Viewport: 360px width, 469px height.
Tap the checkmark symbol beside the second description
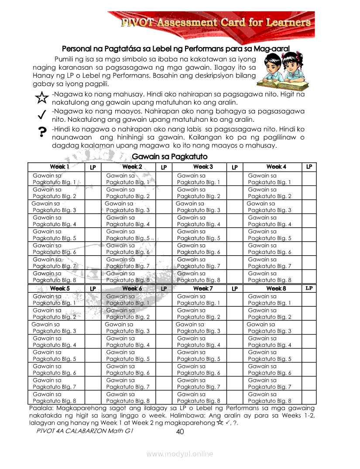[42, 114]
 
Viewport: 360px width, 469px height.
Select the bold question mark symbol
[42, 132]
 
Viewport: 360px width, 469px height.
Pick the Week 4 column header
[276, 167]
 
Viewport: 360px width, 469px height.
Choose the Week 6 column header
[131, 288]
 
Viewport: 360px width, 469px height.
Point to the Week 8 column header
[276, 288]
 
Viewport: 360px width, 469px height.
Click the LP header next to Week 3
[234, 167]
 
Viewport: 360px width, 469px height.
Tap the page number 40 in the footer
[180, 432]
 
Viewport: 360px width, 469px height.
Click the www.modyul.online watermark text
[180, 454]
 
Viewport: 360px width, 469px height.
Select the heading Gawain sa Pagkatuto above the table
[169, 156]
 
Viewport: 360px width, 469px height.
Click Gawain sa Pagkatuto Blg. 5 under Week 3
[198, 235]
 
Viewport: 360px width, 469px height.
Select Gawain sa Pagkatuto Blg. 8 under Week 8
[269, 397]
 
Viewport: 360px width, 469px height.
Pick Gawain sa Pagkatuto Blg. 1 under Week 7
[198, 299]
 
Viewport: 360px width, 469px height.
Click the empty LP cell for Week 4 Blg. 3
[309, 207]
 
